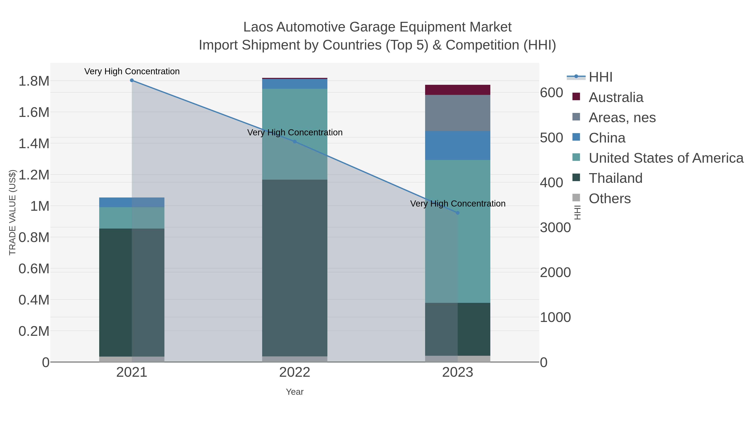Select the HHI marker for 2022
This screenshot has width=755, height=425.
(x=295, y=142)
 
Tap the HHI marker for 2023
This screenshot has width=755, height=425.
(x=458, y=213)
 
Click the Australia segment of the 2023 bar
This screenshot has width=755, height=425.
(x=458, y=90)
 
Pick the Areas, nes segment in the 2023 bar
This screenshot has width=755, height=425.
(x=458, y=113)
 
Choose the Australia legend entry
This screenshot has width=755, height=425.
(x=616, y=97)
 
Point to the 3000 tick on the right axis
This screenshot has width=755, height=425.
(x=555, y=228)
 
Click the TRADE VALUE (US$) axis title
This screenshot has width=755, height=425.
(x=12, y=212)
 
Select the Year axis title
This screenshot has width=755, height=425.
(x=295, y=392)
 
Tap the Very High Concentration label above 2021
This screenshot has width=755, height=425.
(x=132, y=71)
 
